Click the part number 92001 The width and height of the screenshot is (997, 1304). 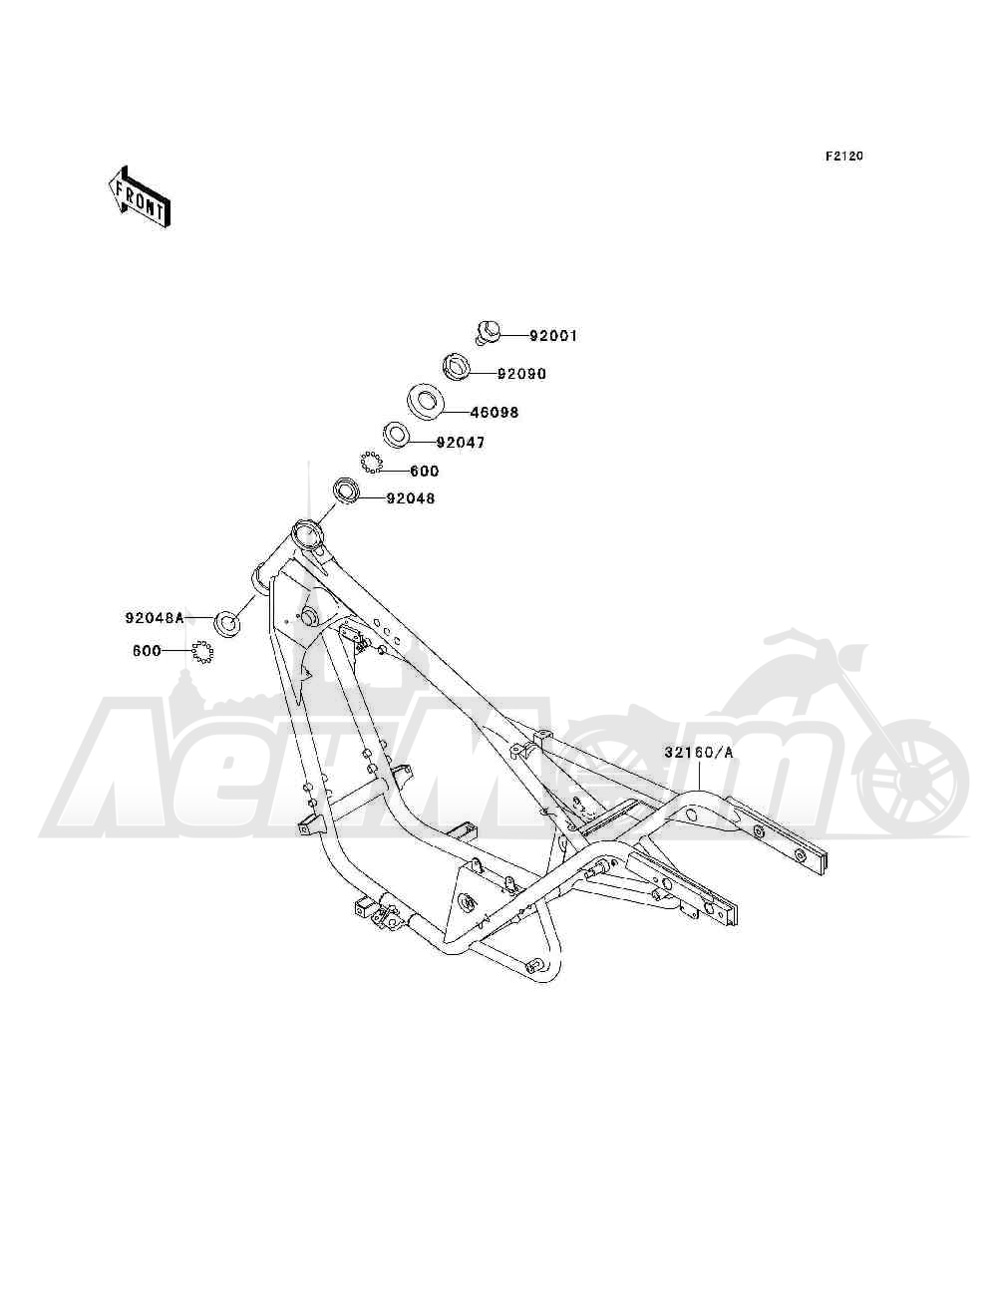tap(552, 336)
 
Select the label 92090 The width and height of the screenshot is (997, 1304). tap(521, 374)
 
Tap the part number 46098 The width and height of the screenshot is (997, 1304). tap(495, 412)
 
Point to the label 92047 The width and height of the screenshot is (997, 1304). tap(461, 443)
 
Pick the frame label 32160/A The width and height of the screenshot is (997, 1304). tap(699, 753)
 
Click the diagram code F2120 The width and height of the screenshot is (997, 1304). tap(843, 157)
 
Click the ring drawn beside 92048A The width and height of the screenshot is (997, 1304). tap(227, 623)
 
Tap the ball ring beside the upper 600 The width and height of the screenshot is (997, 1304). tap(371, 463)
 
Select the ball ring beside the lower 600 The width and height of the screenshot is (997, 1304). tap(202, 652)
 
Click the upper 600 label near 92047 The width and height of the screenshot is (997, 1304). tap(425, 472)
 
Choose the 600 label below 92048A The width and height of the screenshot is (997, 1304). tap(147, 651)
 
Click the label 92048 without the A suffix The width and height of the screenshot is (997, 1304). tap(411, 498)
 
